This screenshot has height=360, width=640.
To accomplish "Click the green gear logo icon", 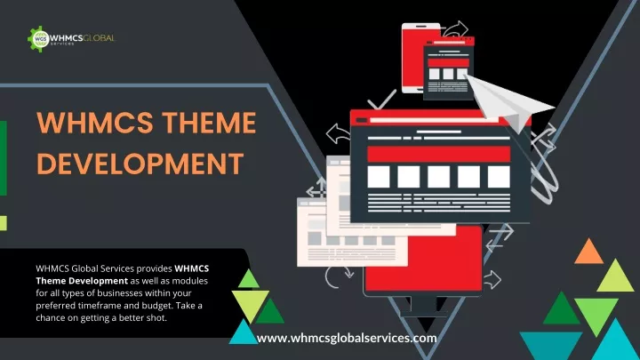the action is click(39, 39).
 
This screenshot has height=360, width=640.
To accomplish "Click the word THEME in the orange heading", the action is click(209, 123).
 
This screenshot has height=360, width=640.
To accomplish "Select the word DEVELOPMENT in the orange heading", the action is click(140, 164).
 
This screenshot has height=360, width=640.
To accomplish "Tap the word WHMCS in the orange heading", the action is click(95, 123).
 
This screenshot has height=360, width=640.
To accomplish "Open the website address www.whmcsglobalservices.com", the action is click(347, 339).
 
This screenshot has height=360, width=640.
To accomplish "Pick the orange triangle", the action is click(588, 252).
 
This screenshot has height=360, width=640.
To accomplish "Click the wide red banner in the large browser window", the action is click(439, 155).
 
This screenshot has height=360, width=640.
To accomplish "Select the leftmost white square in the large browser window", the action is click(379, 177).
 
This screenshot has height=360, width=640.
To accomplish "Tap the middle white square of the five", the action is click(439, 177).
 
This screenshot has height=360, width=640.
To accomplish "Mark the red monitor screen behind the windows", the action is click(425, 261).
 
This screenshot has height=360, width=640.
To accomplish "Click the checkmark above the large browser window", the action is click(381, 100).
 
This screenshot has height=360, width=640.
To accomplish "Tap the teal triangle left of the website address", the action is click(244, 332).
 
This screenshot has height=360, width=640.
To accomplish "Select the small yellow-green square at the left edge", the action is click(4, 223).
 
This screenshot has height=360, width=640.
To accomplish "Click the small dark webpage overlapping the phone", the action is click(448, 69).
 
